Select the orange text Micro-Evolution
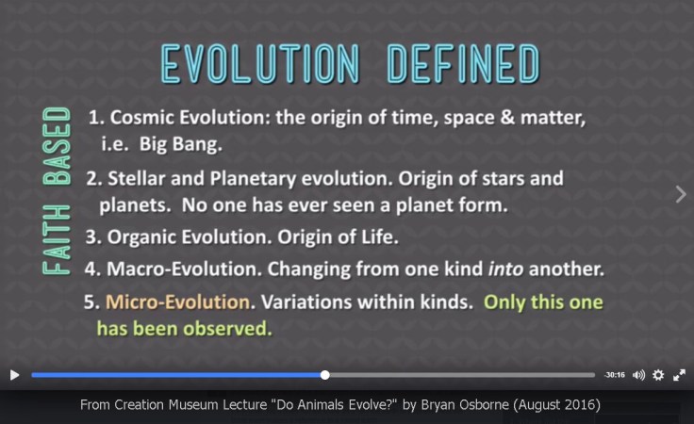[179, 303]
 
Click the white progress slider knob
[325, 375]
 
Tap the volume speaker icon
[638, 375]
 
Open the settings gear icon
[658, 375]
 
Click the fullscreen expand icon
[678, 375]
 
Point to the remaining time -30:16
[614, 375]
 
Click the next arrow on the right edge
[681, 193]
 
